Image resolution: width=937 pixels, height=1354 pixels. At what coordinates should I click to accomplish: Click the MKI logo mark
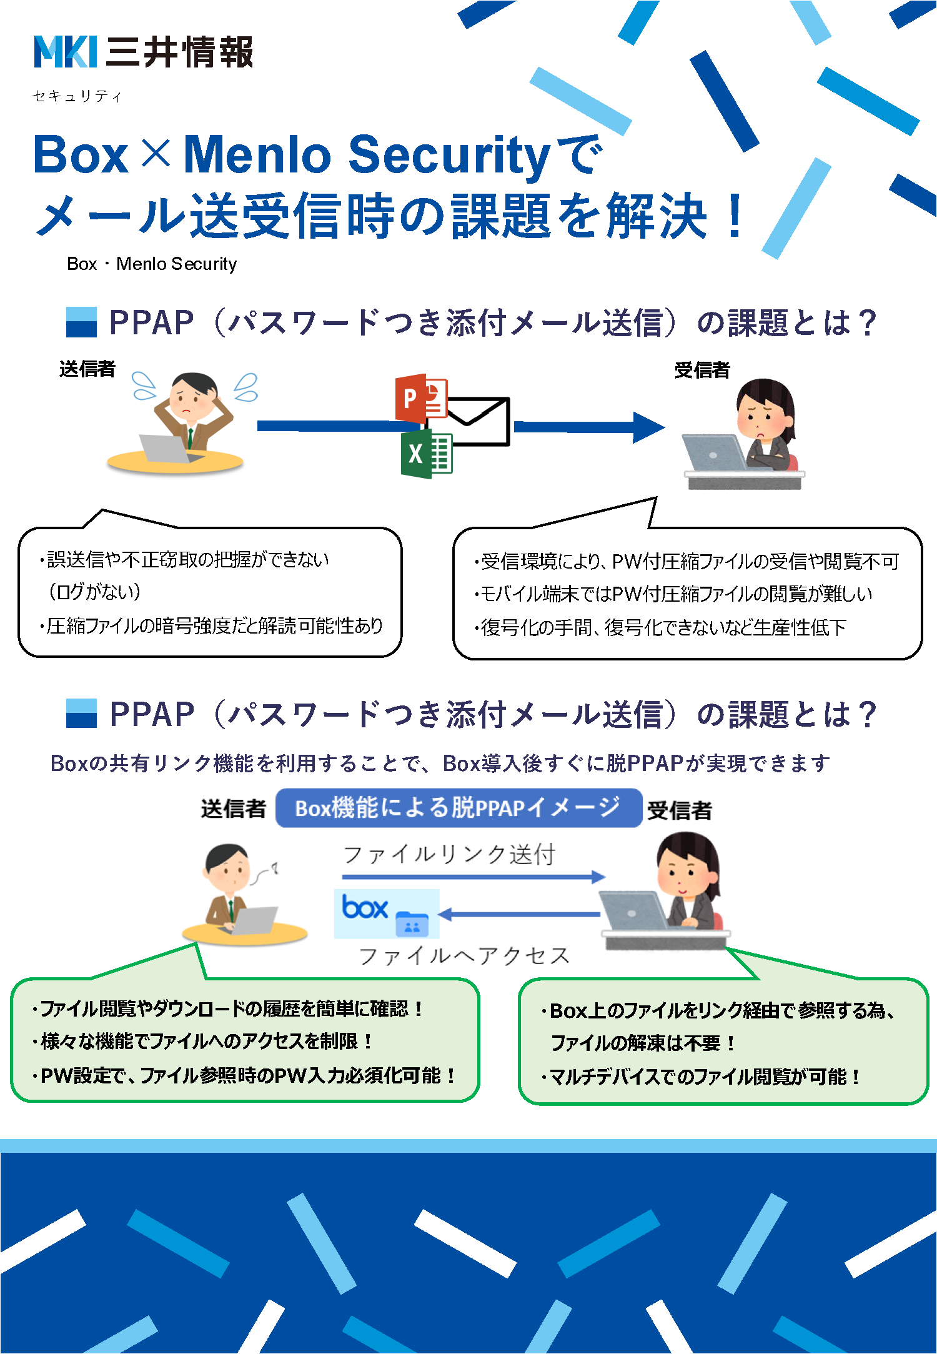(x=65, y=51)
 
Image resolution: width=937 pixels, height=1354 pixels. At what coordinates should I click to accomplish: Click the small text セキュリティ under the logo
(x=77, y=96)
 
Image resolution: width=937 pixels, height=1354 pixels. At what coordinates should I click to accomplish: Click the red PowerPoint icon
(x=419, y=397)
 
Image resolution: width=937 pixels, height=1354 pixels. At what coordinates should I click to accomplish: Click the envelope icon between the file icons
(x=478, y=422)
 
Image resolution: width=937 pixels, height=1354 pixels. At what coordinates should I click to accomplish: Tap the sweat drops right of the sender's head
(x=246, y=387)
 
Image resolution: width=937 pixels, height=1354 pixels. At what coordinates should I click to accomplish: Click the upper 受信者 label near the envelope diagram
(x=702, y=370)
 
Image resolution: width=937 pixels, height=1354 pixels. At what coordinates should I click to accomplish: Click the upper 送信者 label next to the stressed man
(x=87, y=369)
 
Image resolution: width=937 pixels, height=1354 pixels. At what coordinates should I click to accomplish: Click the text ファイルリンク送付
(x=449, y=854)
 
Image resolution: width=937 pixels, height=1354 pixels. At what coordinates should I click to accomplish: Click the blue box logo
(x=365, y=908)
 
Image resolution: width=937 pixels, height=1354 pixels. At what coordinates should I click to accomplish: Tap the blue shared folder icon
(x=412, y=923)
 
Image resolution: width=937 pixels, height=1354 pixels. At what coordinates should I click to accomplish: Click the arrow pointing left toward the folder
(x=518, y=915)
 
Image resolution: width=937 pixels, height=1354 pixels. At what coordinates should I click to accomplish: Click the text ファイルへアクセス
(x=464, y=955)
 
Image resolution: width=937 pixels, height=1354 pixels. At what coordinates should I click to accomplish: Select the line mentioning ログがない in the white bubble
(x=95, y=591)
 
